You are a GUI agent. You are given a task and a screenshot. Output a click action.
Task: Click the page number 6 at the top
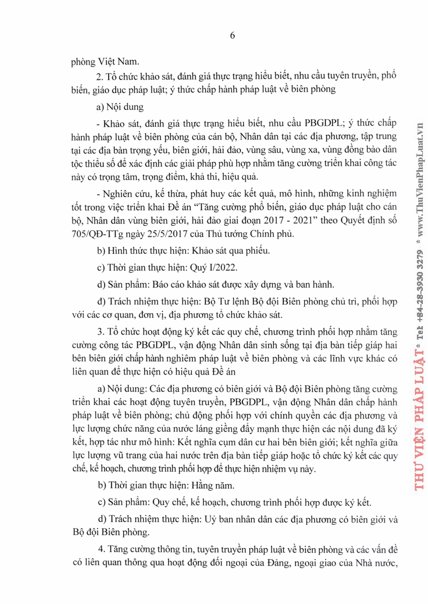pyautogui.click(x=232, y=36)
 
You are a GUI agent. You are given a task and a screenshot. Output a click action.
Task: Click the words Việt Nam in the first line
pyautogui.click(x=118, y=62)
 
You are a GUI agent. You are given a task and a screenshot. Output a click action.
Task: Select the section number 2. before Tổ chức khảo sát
pyautogui.click(x=100, y=77)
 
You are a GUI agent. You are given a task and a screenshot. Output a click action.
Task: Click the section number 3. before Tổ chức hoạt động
pyautogui.click(x=101, y=331)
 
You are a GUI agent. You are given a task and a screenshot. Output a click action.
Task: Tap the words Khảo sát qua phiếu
pyautogui.click(x=231, y=251)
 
